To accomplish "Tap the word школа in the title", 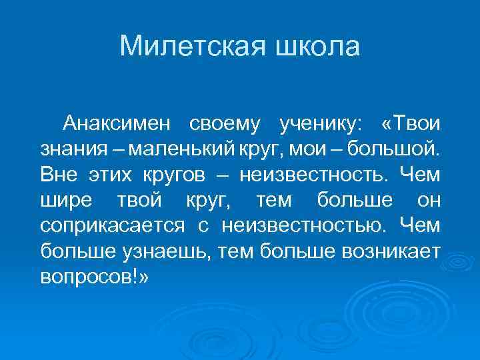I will tap(317, 47).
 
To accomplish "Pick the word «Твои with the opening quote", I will tap(410, 124).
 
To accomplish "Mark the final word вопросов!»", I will tap(95, 276).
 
